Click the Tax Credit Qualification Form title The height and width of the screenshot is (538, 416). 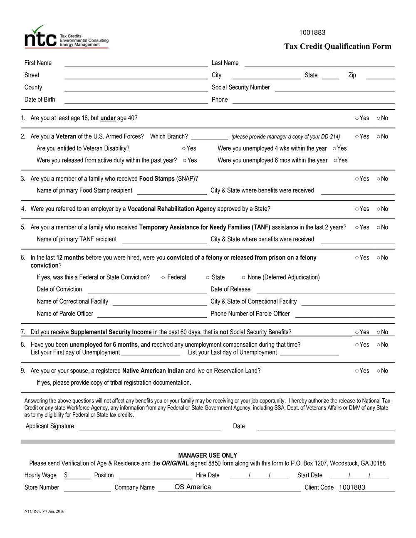click(337, 46)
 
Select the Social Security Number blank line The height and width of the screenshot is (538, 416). click(334, 89)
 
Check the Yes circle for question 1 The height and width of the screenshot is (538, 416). click(357, 118)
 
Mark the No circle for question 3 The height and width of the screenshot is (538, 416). click(379, 179)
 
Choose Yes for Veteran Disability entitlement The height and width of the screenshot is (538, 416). click(184, 148)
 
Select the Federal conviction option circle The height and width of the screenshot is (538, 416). click(163, 277)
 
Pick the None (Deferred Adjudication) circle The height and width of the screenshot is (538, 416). click(244, 277)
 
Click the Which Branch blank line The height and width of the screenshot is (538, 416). click(209, 137)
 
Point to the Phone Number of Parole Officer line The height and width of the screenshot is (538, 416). click(344, 315)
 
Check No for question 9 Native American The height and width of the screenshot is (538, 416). click(379, 371)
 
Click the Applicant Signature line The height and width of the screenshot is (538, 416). click(150, 427)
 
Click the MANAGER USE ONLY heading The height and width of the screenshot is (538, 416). click(208, 455)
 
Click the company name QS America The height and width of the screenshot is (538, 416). click(193, 487)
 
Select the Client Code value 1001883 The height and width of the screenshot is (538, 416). click(352, 487)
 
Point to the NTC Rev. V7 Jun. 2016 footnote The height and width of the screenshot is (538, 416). click(44, 511)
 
